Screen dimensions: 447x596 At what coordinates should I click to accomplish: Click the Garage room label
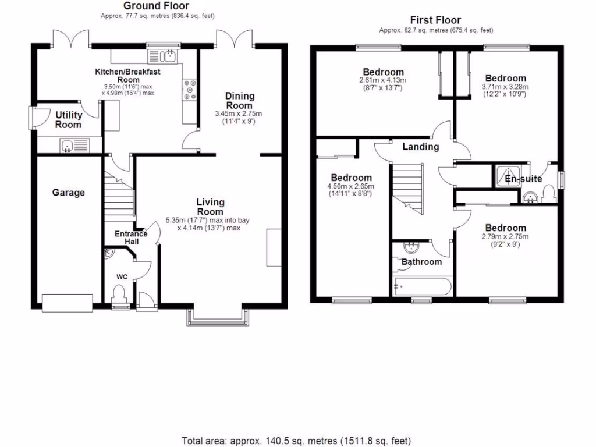click(x=69, y=193)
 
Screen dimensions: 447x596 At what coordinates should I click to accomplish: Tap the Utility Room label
click(x=68, y=120)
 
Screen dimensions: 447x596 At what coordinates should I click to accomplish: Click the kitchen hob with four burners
click(x=189, y=90)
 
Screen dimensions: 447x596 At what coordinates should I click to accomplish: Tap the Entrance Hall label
click(x=127, y=237)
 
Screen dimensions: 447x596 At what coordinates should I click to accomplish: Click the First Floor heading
click(x=435, y=20)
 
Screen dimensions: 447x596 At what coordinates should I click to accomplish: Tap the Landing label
click(x=421, y=147)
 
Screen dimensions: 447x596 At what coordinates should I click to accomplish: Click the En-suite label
click(x=520, y=179)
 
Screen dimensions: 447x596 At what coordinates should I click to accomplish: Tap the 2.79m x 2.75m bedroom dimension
click(x=505, y=236)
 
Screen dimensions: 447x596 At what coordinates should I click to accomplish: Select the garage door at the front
click(x=68, y=301)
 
